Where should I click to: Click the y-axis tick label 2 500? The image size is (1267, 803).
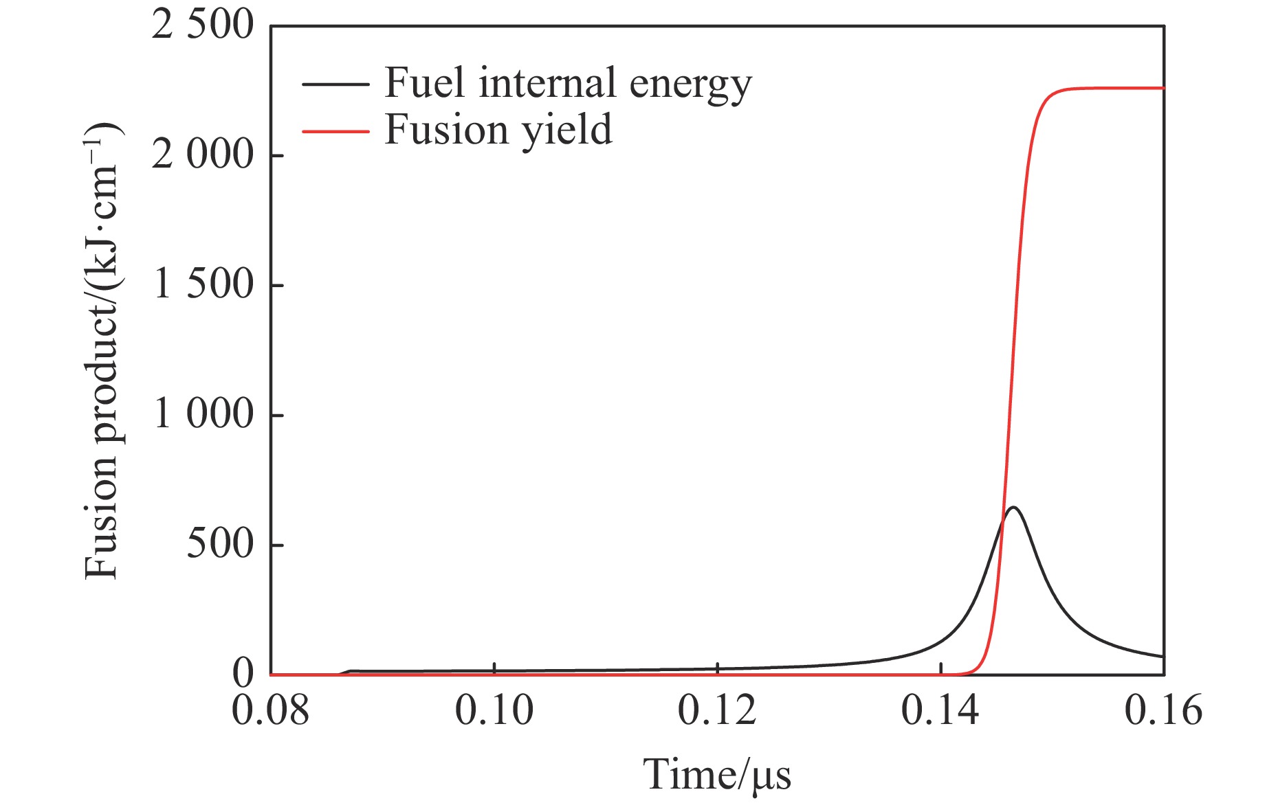click(x=203, y=26)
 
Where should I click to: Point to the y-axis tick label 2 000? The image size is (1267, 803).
click(x=203, y=155)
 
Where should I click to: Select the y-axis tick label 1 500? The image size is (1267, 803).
click(x=203, y=284)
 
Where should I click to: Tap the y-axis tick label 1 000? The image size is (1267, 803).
click(x=203, y=414)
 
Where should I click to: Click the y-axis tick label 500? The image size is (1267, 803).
click(x=220, y=544)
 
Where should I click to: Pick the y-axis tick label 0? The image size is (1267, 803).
click(x=243, y=674)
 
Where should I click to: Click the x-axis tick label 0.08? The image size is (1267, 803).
click(x=270, y=710)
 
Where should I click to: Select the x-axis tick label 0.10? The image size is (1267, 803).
click(x=494, y=710)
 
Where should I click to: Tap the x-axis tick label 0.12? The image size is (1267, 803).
click(x=717, y=710)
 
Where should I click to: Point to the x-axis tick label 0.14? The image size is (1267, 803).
click(x=940, y=710)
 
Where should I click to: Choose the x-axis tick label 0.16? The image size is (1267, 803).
click(x=1163, y=710)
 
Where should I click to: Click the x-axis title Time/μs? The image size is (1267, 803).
click(x=717, y=775)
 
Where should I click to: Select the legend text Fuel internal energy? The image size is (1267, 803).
click(x=568, y=84)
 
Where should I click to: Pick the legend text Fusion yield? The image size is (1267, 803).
click(x=498, y=130)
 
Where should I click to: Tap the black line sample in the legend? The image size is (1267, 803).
click(x=335, y=84)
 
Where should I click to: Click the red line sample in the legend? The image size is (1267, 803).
click(x=335, y=131)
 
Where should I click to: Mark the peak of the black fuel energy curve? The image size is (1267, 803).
click(x=1013, y=508)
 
